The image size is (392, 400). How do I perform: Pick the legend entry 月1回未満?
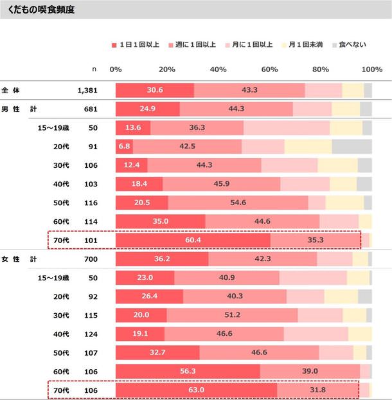pyautogui.click(x=305, y=45)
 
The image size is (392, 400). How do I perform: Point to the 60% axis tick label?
pyautogui.click(x=269, y=69)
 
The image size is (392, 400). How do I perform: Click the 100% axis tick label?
pyautogui.click(x=372, y=69)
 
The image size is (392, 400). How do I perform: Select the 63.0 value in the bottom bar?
pyautogui.click(x=195, y=390)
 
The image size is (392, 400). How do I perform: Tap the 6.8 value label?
pyautogui.click(x=125, y=147)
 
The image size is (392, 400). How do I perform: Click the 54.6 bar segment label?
pyautogui.click(x=238, y=203)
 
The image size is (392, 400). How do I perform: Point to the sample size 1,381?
pyautogui.click(x=87, y=91)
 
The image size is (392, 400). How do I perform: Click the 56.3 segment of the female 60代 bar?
pyautogui.click(x=188, y=372)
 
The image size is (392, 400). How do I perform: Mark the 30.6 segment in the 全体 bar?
pyautogui.click(x=155, y=91)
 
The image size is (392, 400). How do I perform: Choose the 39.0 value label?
pyautogui.click(x=310, y=372)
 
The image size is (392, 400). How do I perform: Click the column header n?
pyautogui.click(x=95, y=69)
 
